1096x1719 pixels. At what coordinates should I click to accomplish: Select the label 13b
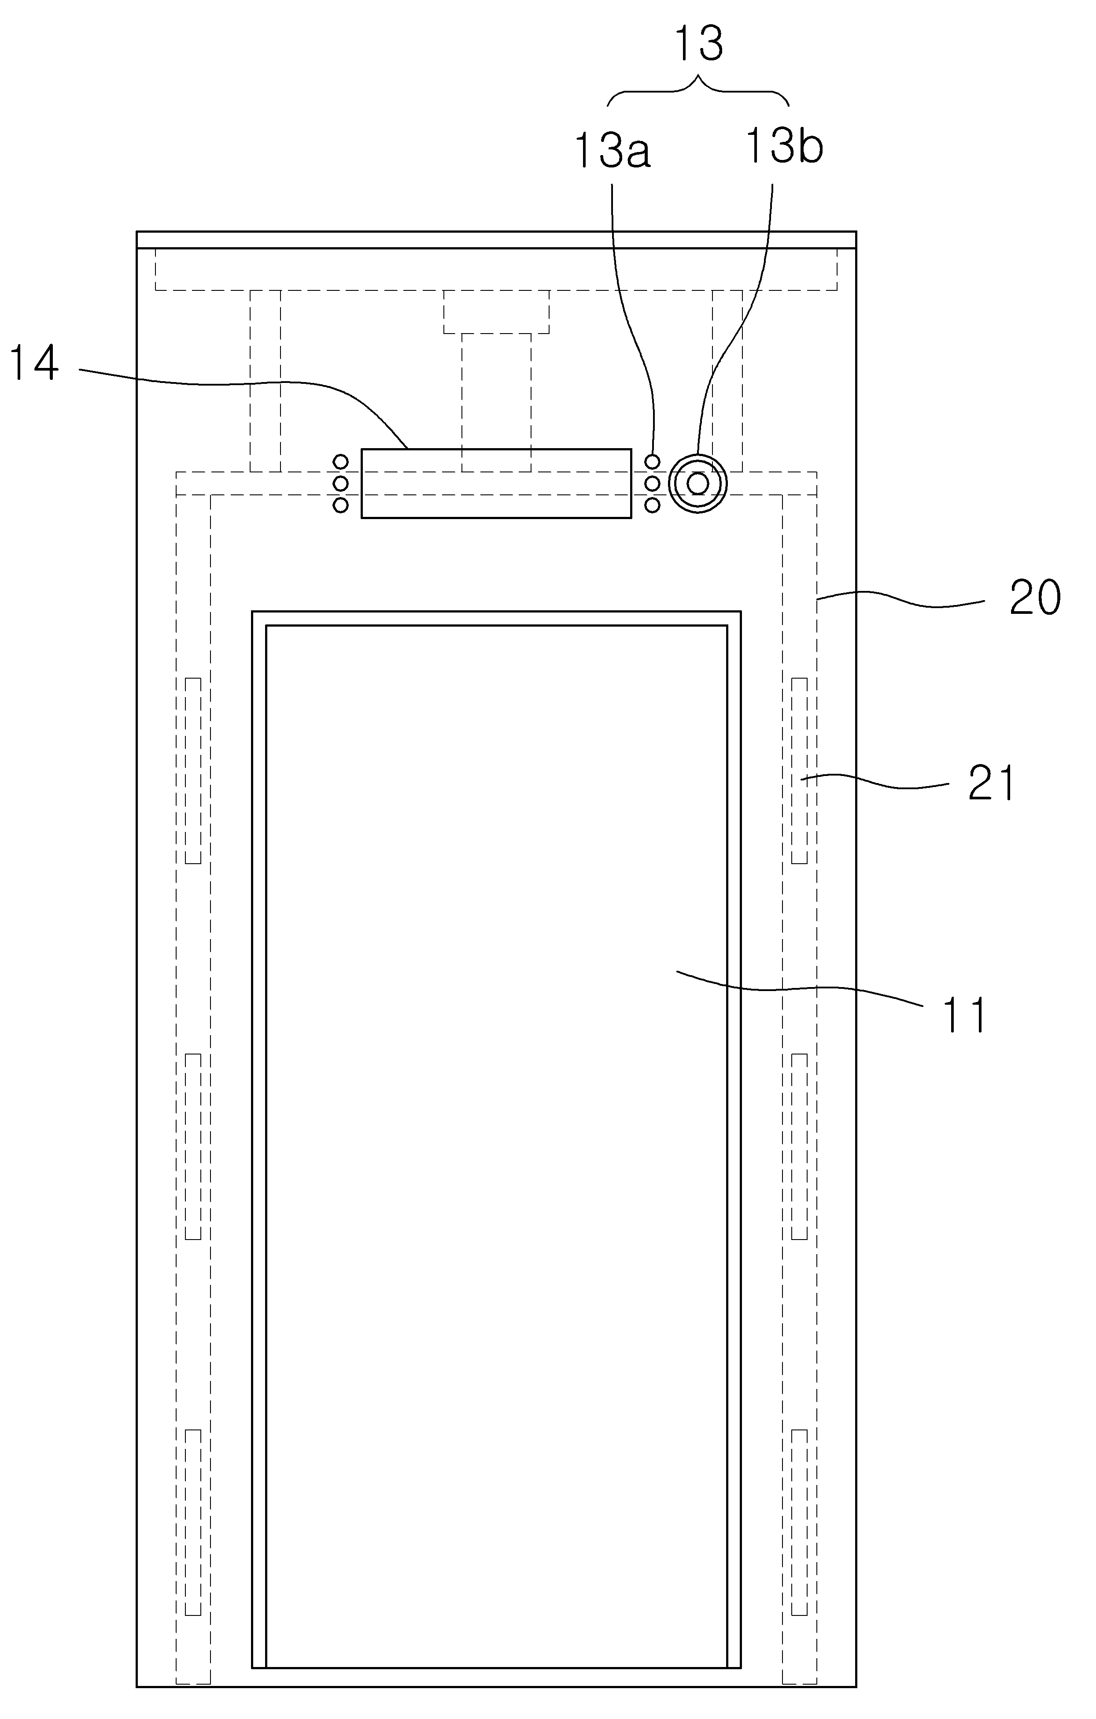point(783,146)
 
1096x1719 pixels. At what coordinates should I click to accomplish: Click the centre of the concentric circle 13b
point(698,484)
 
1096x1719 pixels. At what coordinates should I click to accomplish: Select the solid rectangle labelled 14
point(496,483)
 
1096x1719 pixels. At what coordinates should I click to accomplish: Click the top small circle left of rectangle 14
point(341,462)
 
